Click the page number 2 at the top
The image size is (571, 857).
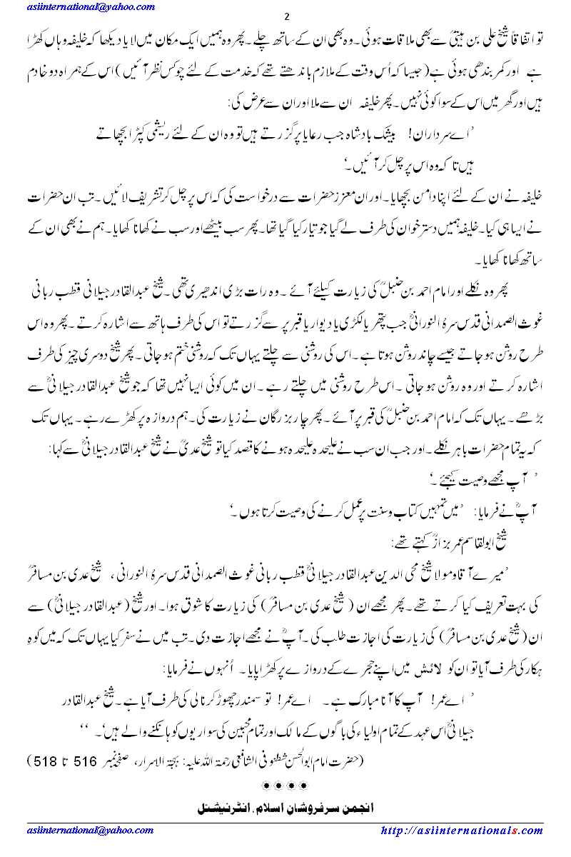[x=285, y=17]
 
